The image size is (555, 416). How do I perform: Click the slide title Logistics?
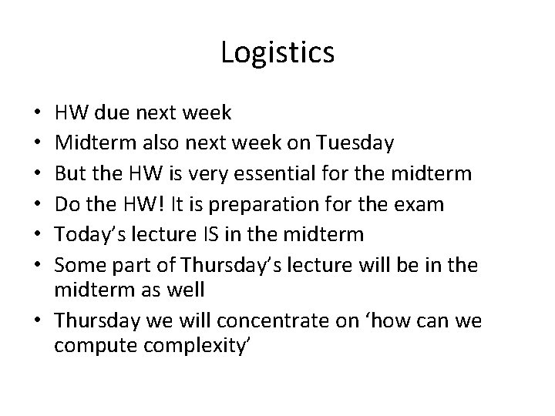277,52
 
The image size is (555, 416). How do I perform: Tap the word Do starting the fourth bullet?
66,204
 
